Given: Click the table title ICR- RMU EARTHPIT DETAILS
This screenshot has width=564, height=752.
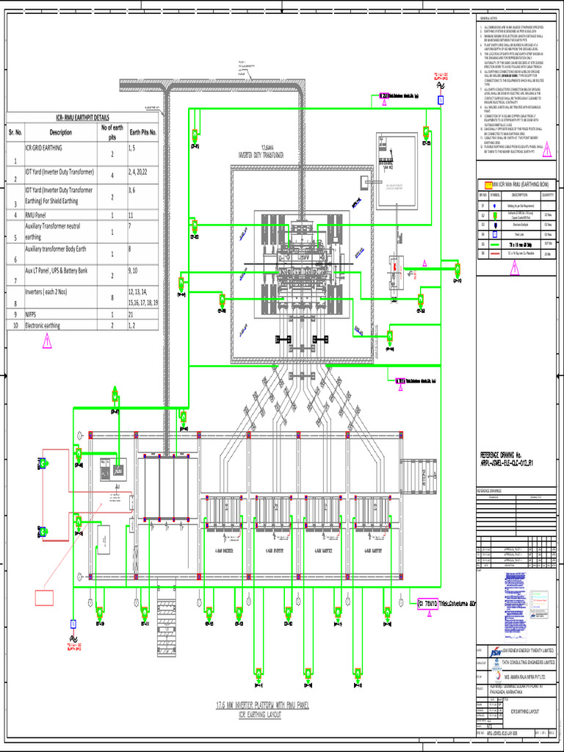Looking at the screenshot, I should click(82, 117).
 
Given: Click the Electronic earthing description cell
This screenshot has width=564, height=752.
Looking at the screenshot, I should click(53, 325).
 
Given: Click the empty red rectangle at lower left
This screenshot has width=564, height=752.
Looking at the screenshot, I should click(52, 598).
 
